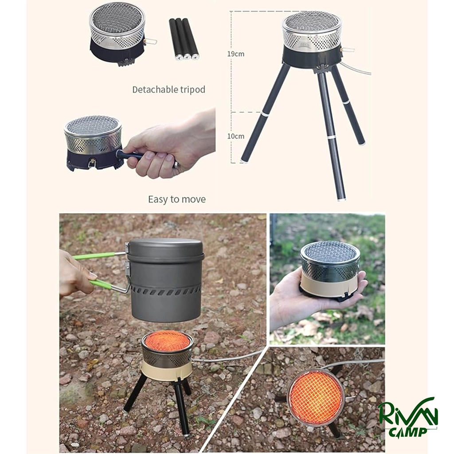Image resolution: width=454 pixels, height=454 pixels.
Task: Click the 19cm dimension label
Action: tap(235, 54)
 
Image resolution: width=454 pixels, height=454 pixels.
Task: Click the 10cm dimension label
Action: tap(235, 136)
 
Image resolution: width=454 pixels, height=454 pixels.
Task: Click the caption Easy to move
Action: tap(177, 199)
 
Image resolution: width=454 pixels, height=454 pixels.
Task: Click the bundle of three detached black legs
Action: tap(184, 39)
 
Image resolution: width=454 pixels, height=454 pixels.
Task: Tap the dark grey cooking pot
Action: tap(164, 279)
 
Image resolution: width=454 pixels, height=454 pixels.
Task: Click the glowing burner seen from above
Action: tap(317, 396)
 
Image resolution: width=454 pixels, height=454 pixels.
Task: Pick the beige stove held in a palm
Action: tap(330, 271)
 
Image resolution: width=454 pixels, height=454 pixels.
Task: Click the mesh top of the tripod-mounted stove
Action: tap(312, 25)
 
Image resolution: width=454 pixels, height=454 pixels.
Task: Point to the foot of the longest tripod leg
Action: tap(342, 198)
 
